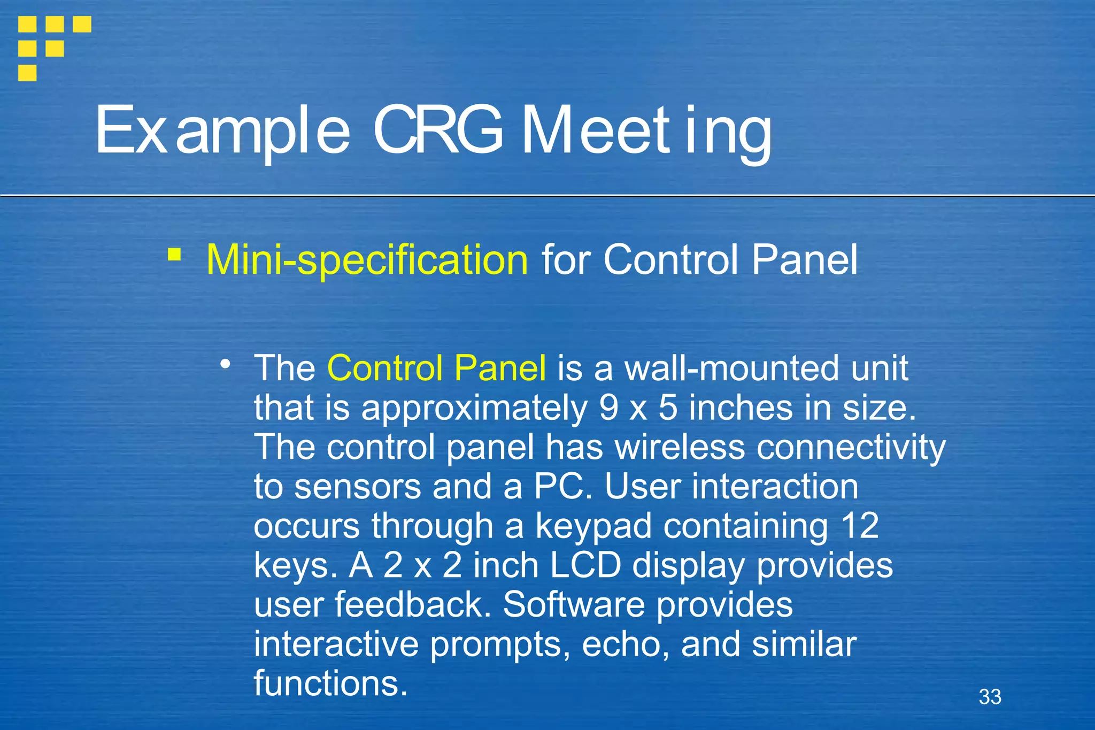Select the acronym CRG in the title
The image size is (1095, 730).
[438, 130]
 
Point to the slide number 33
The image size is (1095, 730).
[990, 697]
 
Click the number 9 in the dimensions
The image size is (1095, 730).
[608, 408]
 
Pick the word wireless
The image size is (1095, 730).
[680, 447]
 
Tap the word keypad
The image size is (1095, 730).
[593, 526]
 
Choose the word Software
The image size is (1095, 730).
[574, 605]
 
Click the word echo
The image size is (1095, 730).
[624, 644]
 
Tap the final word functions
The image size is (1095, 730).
[330, 684]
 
